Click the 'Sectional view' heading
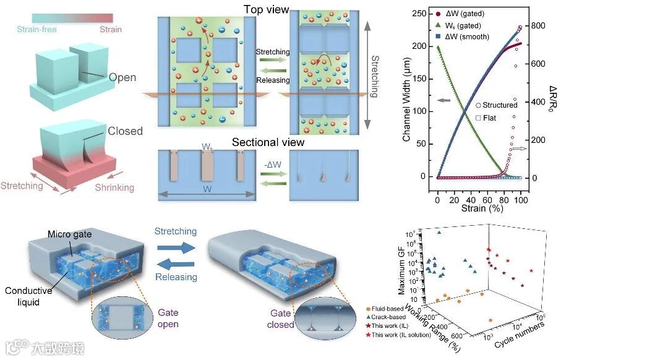point(268,142)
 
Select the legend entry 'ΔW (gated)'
point(465,13)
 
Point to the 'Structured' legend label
point(500,105)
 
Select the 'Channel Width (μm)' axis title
point(407,102)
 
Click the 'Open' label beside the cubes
point(122,78)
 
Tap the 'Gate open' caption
point(168,319)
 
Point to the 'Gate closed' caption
point(282,319)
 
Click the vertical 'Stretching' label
point(374,77)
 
